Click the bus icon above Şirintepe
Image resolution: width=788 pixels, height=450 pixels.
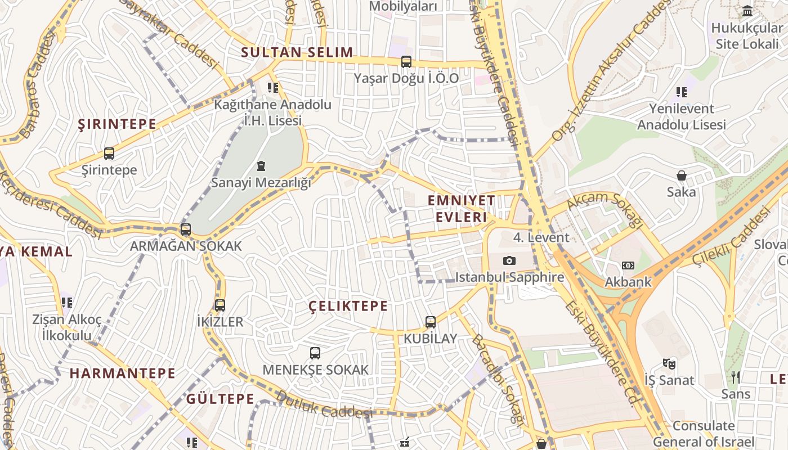109,153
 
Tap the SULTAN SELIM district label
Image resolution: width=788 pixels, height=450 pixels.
297,53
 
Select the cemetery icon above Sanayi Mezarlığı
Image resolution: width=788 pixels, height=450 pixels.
261,166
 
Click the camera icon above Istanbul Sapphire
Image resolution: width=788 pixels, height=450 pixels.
509,260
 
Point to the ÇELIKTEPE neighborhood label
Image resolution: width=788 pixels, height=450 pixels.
348,306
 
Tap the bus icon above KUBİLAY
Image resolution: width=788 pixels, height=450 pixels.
431,322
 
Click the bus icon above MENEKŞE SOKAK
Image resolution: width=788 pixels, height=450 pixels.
315,353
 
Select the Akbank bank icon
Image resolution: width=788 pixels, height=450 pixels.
628,265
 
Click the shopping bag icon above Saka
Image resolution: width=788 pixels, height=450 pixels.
682,175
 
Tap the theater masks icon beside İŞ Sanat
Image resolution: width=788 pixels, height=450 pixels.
669,364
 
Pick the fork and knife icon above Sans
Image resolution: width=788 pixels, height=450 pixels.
736,377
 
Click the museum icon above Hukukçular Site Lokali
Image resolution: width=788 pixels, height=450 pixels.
747,11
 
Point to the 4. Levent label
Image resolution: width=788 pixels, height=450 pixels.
541,237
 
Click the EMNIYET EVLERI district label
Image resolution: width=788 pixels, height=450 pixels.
461,209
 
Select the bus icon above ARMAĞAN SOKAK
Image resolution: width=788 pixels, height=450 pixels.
186,229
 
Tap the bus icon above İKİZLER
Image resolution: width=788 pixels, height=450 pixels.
220,305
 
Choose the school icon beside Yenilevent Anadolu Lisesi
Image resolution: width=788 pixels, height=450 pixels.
682,92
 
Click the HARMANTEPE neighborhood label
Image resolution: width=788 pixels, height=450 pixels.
123,373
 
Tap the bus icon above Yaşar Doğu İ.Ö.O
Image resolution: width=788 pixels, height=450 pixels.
406,62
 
